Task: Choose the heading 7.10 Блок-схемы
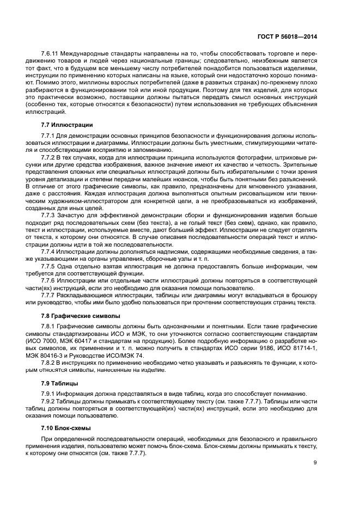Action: tap(66, 428)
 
